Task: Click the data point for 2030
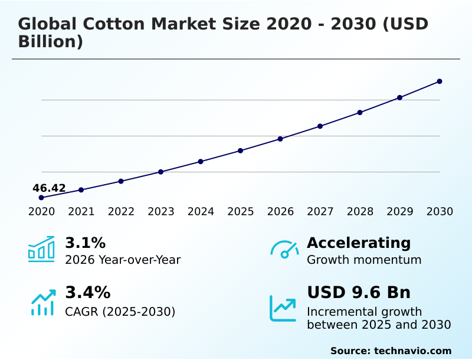(440, 81)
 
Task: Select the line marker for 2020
(41, 198)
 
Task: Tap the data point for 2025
(240, 150)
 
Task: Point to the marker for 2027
(320, 126)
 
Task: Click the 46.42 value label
(49, 188)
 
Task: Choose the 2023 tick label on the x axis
(160, 212)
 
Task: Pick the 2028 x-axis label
(360, 212)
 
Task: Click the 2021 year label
(81, 212)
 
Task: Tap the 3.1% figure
(85, 243)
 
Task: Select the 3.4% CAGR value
(87, 293)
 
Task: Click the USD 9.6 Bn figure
(359, 293)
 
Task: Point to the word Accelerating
(359, 243)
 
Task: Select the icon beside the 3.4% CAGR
(42, 302)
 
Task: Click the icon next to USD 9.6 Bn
(283, 307)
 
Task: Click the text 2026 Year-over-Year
(123, 260)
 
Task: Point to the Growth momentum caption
(364, 260)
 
